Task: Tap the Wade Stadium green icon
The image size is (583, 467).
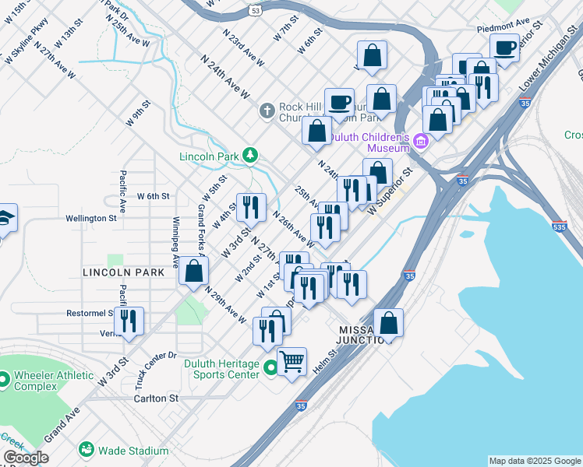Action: click(x=86, y=450)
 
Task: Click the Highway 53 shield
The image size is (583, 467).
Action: click(x=256, y=10)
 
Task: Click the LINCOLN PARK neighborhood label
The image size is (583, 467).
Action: click(x=124, y=272)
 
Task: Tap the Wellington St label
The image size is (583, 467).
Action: click(x=90, y=219)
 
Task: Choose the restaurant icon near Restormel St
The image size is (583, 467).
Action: click(x=129, y=320)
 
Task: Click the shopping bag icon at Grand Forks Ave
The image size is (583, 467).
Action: click(x=193, y=271)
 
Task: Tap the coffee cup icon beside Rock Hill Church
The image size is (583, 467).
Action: click(x=339, y=101)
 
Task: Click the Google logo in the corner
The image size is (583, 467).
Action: click(x=26, y=458)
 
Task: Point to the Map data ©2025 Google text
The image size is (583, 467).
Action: click(x=534, y=461)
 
